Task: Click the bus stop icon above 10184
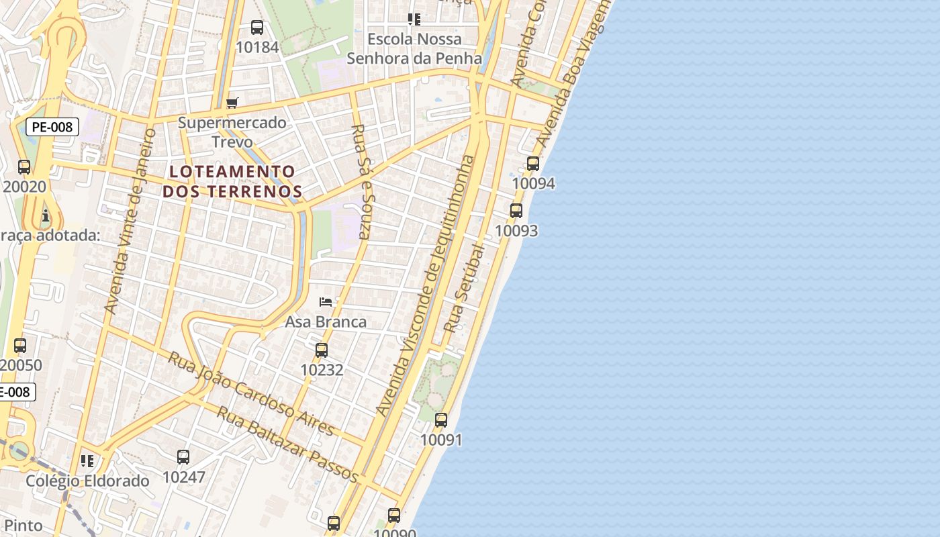tap(257, 28)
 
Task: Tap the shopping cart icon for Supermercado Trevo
tap(232, 103)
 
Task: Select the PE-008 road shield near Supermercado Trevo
tap(52, 126)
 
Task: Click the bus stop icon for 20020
tap(24, 167)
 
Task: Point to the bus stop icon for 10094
tap(533, 163)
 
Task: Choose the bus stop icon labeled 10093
tap(516, 211)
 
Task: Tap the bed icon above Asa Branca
tap(326, 302)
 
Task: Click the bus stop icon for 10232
tap(322, 350)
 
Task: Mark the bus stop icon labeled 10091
tap(441, 420)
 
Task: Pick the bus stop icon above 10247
tap(183, 457)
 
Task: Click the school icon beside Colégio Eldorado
tap(87, 461)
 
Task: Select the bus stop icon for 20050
tap(20, 346)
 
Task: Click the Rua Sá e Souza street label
tap(361, 181)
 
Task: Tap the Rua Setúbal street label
tap(465, 289)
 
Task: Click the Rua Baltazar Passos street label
tap(287, 443)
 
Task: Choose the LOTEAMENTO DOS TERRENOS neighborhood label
tap(232, 181)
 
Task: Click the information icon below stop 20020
tap(46, 215)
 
